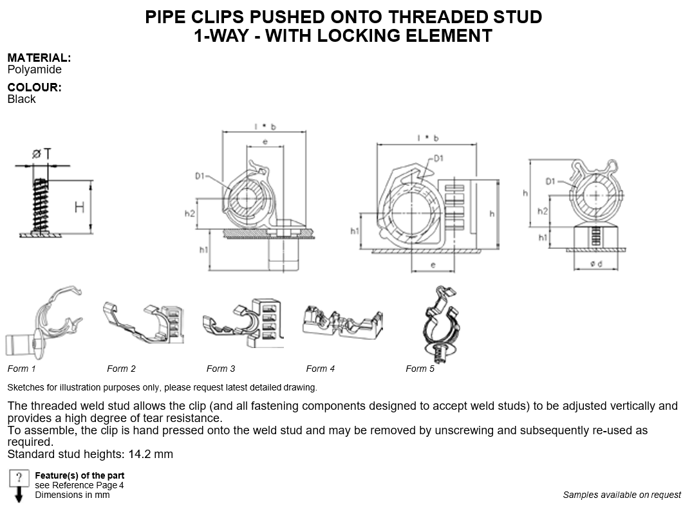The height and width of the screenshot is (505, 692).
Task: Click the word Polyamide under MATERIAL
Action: tap(34, 69)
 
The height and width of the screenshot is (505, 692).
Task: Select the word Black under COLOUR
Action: tap(21, 99)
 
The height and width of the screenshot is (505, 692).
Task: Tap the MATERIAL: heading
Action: tap(39, 58)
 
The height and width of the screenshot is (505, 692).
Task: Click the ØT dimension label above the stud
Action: tap(41, 154)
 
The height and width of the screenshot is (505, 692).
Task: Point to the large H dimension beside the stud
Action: tap(79, 207)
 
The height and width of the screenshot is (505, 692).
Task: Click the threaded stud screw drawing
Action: tap(41, 206)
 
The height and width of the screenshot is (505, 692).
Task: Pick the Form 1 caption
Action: tap(22, 369)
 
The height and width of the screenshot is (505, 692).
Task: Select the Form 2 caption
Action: tap(122, 369)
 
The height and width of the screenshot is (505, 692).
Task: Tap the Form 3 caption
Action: tap(221, 369)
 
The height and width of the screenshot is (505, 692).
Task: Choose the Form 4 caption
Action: tap(321, 369)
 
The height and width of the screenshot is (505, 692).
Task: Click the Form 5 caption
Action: tap(420, 369)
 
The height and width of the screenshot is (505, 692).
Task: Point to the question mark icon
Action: tap(19, 478)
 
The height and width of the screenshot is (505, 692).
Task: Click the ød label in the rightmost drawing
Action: tap(596, 264)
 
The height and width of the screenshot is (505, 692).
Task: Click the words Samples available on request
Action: tap(622, 495)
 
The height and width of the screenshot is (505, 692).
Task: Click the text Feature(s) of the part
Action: tap(79, 475)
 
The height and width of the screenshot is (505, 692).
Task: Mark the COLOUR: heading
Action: tap(34, 87)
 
